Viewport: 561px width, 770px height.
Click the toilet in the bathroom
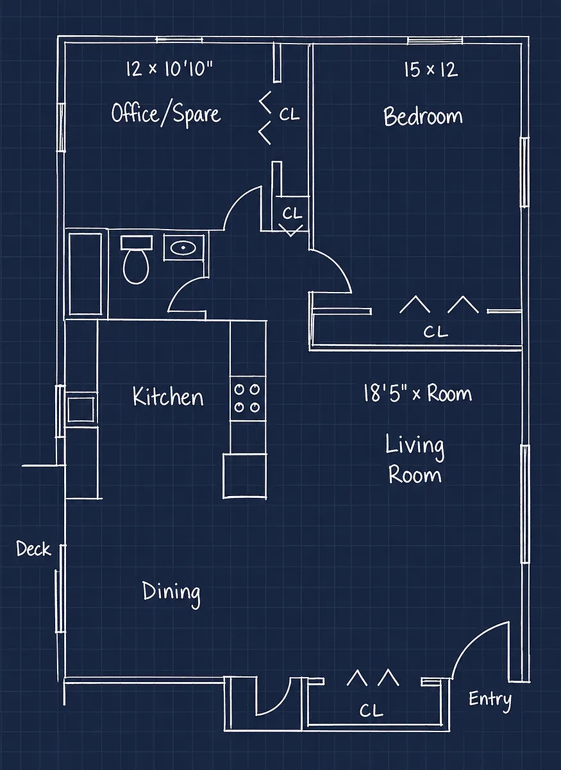pyautogui.click(x=137, y=260)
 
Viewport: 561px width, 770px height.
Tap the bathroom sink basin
pyautogui.click(x=183, y=247)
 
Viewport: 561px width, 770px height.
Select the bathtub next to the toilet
pyautogui.click(x=85, y=274)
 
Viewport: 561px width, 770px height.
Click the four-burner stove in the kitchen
pyautogui.click(x=247, y=398)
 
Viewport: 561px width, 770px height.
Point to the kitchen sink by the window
pyautogui.click(x=81, y=409)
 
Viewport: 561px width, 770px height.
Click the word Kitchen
pyautogui.click(x=168, y=397)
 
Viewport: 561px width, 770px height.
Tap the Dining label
pyautogui.click(x=171, y=592)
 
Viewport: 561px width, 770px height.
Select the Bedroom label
pyautogui.click(x=423, y=116)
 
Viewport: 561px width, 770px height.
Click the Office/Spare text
pyautogui.click(x=166, y=114)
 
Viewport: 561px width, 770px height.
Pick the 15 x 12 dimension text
pyautogui.click(x=431, y=69)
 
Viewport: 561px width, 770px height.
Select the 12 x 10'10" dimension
pyautogui.click(x=169, y=69)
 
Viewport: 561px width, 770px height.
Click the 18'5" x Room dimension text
pyautogui.click(x=418, y=393)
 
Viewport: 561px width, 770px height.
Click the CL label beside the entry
pyautogui.click(x=371, y=711)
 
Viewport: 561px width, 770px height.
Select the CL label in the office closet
pyautogui.click(x=289, y=114)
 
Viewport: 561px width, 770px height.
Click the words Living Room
pyautogui.click(x=415, y=459)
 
